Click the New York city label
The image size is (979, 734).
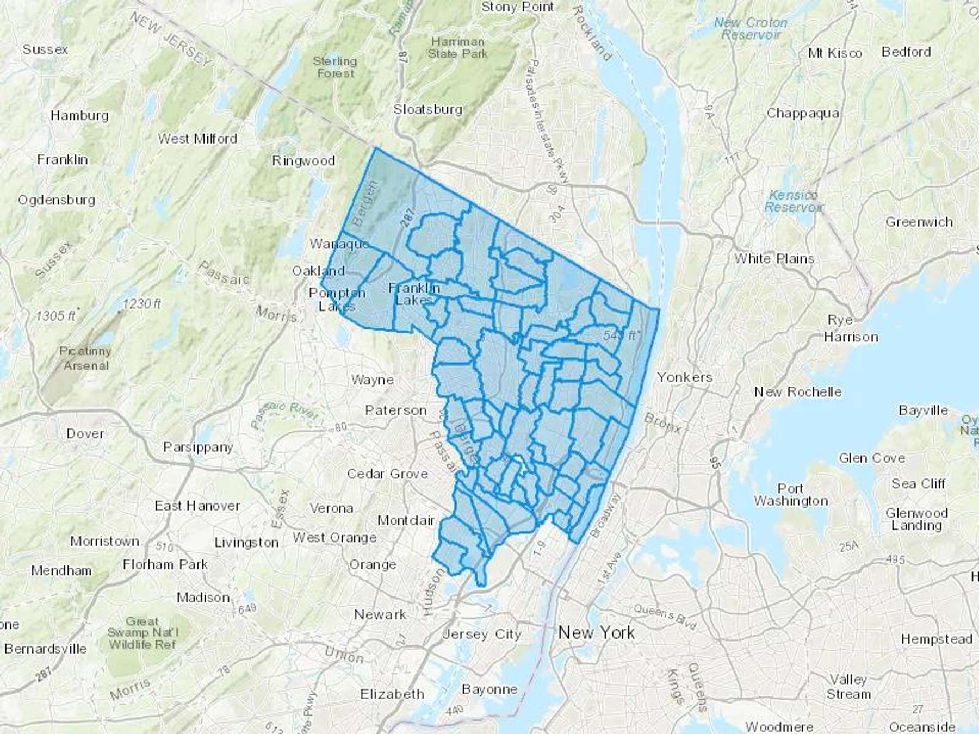tap(596, 632)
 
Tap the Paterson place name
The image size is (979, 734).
tap(395, 410)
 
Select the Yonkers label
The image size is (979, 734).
tap(684, 377)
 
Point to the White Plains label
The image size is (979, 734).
tap(774, 258)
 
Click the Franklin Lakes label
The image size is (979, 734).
tap(414, 294)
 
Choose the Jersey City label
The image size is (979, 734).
tap(481, 634)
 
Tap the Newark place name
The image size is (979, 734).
tap(380, 614)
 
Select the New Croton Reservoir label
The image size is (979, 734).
tap(751, 28)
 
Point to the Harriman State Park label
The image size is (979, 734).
tap(457, 47)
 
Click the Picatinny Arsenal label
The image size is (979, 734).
tap(85, 358)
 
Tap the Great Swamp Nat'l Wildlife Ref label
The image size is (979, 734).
tap(142, 632)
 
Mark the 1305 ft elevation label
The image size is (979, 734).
tap(56, 315)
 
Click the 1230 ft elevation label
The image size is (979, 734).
tap(141, 303)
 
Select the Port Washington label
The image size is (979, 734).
tap(791, 494)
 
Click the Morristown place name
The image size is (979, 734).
tap(104, 541)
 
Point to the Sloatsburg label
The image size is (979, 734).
tap(427, 109)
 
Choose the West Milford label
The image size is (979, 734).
tap(197, 139)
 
